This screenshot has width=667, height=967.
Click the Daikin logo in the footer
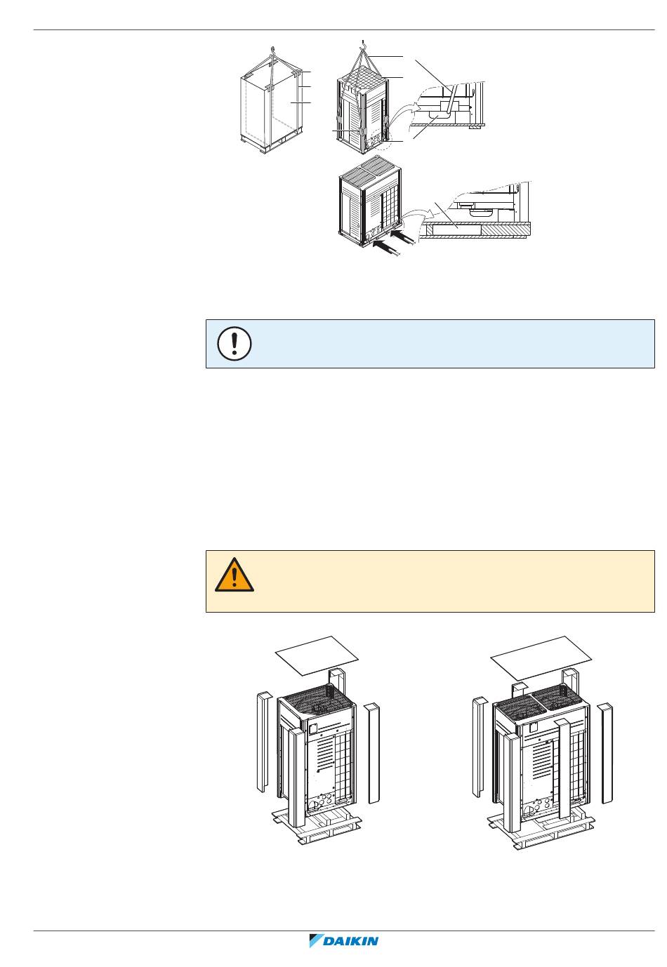tap(343, 941)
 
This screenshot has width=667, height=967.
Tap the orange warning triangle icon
tap(235, 575)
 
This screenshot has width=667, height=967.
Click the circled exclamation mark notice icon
tap(235, 344)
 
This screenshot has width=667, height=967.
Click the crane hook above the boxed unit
tap(271, 50)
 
